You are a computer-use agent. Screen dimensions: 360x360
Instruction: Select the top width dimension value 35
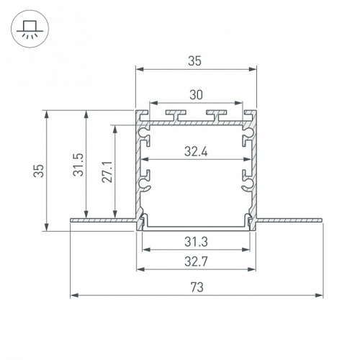click(x=195, y=61)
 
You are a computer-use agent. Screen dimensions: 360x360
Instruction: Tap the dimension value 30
click(x=195, y=93)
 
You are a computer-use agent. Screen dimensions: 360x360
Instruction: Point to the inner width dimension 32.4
click(x=196, y=152)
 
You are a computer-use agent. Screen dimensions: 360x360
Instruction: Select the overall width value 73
click(x=196, y=287)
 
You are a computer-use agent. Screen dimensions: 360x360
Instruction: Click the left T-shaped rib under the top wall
click(x=175, y=114)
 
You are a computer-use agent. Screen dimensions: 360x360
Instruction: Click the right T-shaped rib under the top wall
click(x=216, y=114)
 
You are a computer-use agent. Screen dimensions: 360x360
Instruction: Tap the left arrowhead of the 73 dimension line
click(x=73, y=295)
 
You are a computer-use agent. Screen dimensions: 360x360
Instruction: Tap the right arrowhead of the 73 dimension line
click(x=319, y=295)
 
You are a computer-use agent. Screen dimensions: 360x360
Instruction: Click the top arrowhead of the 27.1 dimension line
click(x=114, y=127)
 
